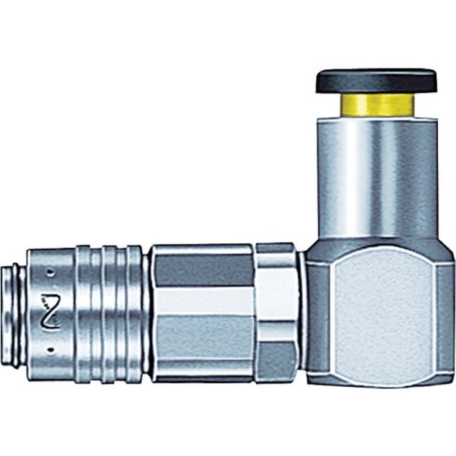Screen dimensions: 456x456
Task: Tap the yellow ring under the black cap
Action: click(x=377, y=105)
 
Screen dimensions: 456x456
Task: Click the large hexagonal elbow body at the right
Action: click(x=380, y=312)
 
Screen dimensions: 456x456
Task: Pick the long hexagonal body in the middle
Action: click(x=201, y=312)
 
